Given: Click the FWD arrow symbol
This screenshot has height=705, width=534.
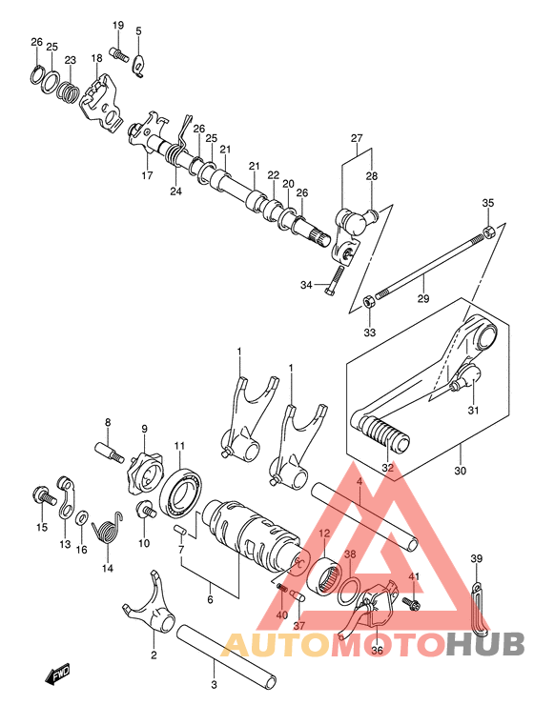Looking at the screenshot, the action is click(58, 675).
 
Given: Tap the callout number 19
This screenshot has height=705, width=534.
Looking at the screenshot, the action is click(118, 25).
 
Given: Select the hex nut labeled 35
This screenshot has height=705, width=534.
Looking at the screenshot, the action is click(488, 232).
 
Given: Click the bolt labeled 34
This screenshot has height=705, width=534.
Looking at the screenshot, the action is click(334, 280).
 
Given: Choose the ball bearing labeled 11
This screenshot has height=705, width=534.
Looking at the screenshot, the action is click(180, 493).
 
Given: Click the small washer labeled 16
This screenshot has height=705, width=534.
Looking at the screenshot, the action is click(82, 518).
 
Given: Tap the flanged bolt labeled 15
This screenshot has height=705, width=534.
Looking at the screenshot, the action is click(44, 495).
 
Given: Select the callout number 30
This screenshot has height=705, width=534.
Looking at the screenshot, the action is click(461, 471).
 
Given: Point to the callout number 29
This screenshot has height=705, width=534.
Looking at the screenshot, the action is click(423, 298).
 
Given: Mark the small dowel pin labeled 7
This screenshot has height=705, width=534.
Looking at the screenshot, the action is click(180, 529).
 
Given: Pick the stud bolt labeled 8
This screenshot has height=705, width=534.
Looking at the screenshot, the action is click(109, 451).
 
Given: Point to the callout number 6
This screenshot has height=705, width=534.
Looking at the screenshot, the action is click(210, 600).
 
